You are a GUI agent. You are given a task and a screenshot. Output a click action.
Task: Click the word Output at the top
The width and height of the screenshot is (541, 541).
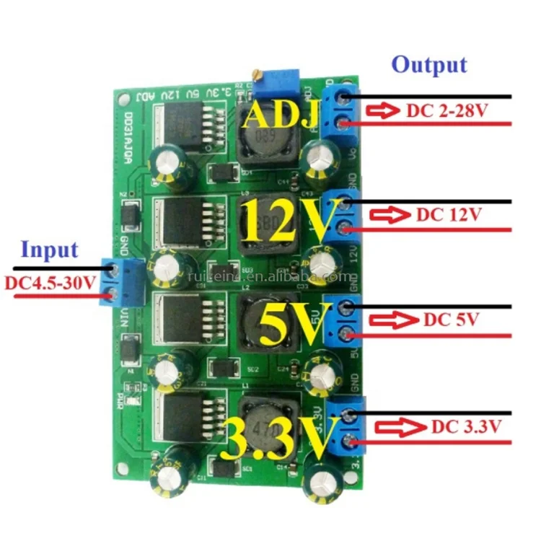click(x=429, y=64)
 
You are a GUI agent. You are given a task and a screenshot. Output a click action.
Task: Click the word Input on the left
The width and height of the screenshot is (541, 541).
click(x=48, y=250)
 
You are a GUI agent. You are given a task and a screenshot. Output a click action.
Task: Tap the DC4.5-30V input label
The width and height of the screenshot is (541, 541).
click(x=50, y=283)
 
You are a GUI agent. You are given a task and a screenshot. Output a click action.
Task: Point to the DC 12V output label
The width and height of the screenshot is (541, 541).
click(x=448, y=215)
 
